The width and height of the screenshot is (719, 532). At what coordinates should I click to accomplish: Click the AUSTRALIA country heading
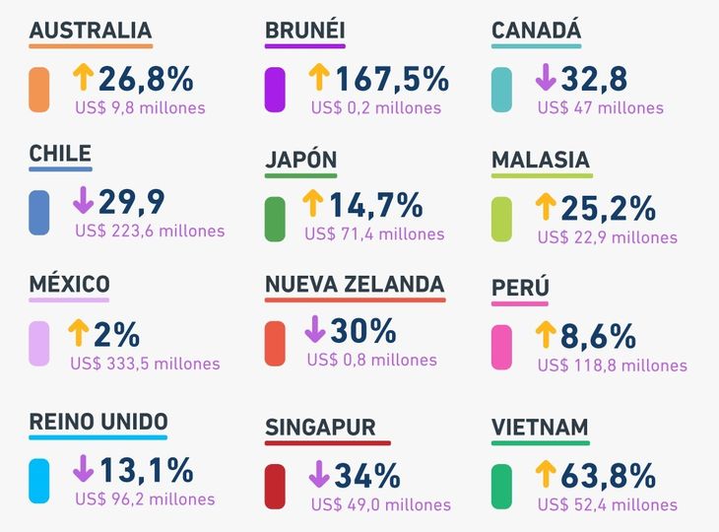pos(91,31)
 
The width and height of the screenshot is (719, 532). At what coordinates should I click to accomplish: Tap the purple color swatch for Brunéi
pos(275,90)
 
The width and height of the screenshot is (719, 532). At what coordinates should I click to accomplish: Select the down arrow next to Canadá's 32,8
pos(546,77)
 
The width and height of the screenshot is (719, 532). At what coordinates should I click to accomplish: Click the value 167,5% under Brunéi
pos(392,78)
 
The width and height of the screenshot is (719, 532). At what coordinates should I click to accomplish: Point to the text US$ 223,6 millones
pos(150,232)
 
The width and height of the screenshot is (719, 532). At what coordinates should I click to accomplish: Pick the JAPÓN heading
pos(301,160)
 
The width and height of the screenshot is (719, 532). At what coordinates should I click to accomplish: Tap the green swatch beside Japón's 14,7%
pos(275,219)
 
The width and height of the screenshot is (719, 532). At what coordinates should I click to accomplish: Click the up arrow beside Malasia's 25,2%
pos(546,206)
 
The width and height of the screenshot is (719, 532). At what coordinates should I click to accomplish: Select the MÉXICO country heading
pos(69,286)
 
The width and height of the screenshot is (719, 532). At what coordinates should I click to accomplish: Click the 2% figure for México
pos(117,333)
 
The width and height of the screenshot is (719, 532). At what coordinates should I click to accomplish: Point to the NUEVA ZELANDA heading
pos(355,286)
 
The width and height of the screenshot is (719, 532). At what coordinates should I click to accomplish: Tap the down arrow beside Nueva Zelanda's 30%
pos(315,329)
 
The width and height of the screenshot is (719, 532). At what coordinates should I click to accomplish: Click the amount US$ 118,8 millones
pos(613,366)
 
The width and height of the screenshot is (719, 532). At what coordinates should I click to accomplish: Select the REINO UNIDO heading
pos(98,422)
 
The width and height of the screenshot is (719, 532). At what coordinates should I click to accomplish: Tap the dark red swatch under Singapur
pos(275,486)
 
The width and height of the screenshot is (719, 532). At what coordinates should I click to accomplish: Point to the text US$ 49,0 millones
pos(380,504)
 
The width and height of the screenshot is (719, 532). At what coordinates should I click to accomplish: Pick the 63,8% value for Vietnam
pos(608,475)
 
